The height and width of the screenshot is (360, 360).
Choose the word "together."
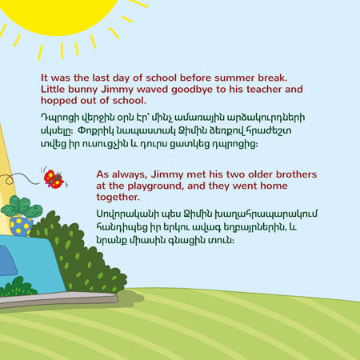118,198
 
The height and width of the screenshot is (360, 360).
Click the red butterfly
54,179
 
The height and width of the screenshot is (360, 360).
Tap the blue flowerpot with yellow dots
21,226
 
